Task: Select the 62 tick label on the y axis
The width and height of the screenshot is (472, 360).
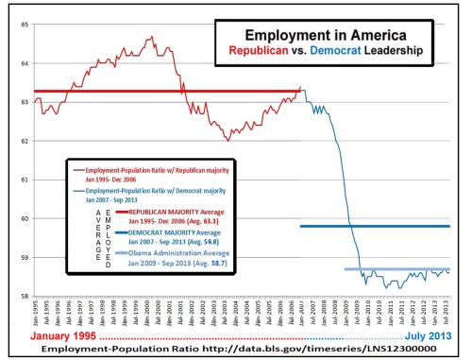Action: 21,140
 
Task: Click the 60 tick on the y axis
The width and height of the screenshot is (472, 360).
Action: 21,217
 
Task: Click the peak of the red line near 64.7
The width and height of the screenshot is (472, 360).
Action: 151,38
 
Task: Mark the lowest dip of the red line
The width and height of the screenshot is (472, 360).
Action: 227,139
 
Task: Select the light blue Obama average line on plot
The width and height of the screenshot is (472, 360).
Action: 396,269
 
